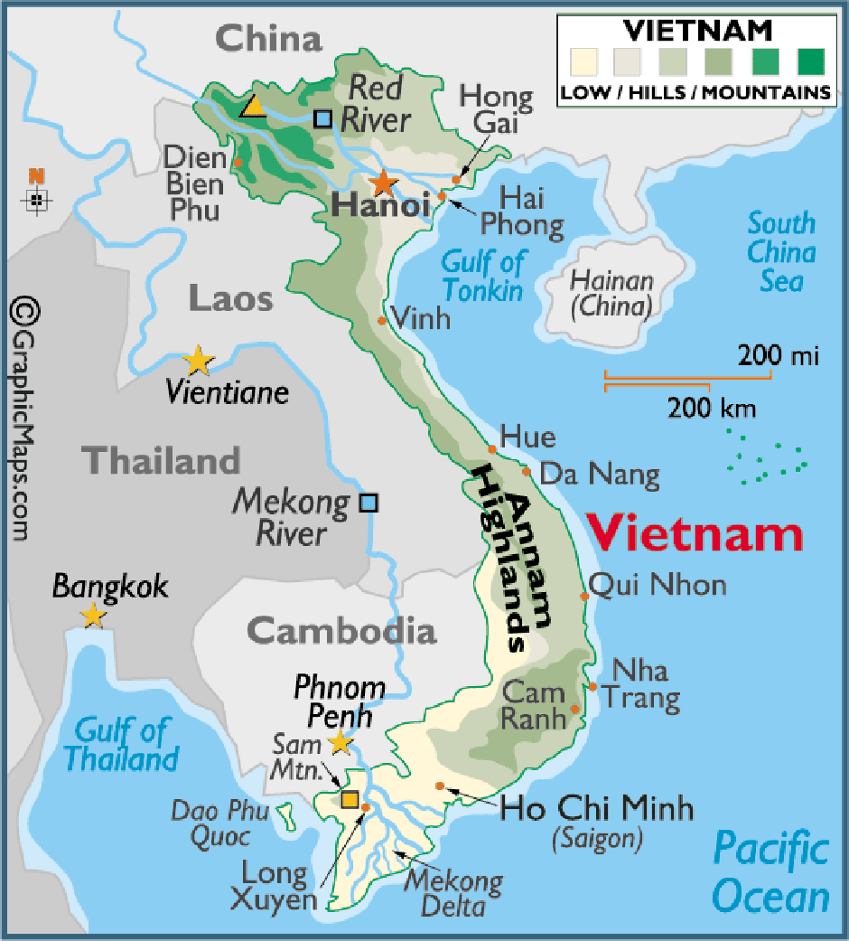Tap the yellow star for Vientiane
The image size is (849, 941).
(x=198, y=362)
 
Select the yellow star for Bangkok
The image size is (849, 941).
(x=92, y=616)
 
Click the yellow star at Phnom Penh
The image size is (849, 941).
(x=340, y=743)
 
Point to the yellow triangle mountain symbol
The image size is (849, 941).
(x=253, y=108)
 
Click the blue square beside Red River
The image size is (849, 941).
(x=322, y=118)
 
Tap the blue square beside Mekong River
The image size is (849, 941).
(x=369, y=503)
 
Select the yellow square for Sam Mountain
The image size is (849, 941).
(x=350, y=798)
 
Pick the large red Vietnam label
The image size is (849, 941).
(x=695, y=534)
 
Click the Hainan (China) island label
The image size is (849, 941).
(x=611, y=294)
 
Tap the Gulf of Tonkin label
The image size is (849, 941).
(x=482, y=276)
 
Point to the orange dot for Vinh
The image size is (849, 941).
(x=382, y=321)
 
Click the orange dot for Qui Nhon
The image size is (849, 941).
(x=583, y=597)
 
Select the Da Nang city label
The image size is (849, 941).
(x=600, y=474)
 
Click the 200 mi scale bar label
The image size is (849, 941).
(x=778, y=356)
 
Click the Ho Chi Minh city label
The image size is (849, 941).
(x=596, y=807)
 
